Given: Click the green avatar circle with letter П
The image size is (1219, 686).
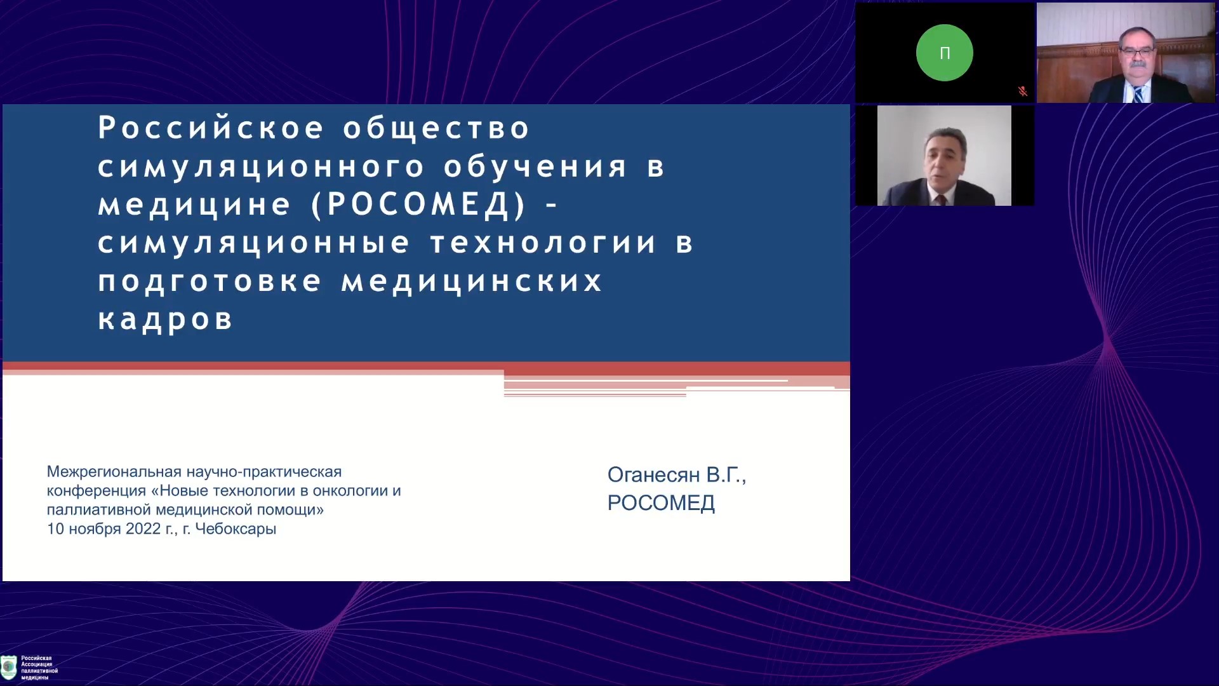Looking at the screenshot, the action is pyautogui.click(x=944, y=53).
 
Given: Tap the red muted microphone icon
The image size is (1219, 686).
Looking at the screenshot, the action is pyautogui.click(x=1022, y=91).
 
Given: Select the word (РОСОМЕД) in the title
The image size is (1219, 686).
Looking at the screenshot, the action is pyautogui.click(x=420, y=205).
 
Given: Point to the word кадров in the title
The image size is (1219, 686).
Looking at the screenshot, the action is pyautogui.click(x=166, y=319).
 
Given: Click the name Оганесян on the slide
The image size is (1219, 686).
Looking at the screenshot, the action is pyautogui.click(x=653, y=474).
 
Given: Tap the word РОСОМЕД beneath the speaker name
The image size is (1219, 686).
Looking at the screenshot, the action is pyautogui.click(x=661, y=503).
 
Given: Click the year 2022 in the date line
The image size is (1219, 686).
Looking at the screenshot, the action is pyautogui.click(x=143, y=528).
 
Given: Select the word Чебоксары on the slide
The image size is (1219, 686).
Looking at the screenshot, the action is pyautogui.click(x=236, y=529).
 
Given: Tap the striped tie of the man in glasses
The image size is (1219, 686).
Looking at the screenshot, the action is pyautogui.click(x=1138, y=95).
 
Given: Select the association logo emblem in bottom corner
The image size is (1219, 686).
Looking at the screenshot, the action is pyautogui.click(x=9, y=668).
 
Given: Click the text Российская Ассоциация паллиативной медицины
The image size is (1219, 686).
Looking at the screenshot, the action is pyautogui.click(x=39, y=668).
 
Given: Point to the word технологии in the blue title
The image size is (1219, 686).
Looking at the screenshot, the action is pyautogui.click(x=543, y=243).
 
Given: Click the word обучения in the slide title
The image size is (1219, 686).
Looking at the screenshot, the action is pyautogui.click(x=535, y=167).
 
